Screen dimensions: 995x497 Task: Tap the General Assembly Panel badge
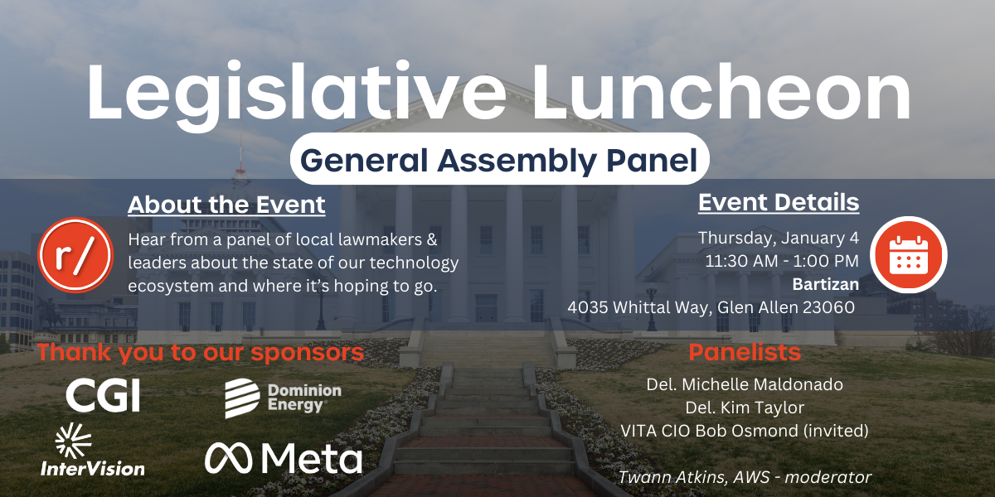(x=499, y=159)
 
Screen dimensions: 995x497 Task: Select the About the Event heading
(x=226, y=205)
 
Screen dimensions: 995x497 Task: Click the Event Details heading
(x=779, y=202)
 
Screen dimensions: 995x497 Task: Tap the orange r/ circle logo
(x=75, y=255)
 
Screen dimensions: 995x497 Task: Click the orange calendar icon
(x=909, y=255)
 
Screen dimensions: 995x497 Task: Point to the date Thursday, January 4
(x=779, y=238)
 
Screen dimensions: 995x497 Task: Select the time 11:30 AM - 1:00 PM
(x=782, y=261)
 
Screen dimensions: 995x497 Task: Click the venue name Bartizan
(x=825, y=284)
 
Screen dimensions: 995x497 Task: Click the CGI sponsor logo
(x=103, y=395)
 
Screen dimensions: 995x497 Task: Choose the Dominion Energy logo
(x=284, y=398)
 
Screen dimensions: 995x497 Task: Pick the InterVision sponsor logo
(x=92, y=450)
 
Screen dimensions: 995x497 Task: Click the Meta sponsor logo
(x=284, y=457)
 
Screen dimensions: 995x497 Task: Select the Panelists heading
(x=745, y=352)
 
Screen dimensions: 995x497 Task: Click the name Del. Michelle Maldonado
(x=745, y=384)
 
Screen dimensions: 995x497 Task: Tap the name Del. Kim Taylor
(x=745, y=408)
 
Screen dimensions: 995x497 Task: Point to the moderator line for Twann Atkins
(x=745, y=477)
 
